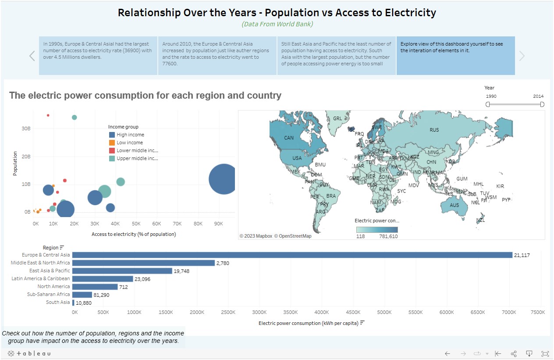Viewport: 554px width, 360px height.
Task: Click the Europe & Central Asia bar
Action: pyautogui.click(x=292, y=255)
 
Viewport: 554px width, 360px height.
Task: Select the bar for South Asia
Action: pyautogui.click(x=73, y=303)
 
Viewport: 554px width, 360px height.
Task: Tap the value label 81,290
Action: pyautogui.click(x=101, y=295)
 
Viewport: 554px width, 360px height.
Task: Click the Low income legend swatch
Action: pyautogui.click(x=112, y=143)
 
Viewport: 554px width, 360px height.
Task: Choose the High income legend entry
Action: pyautogui.click(x=130, y=135)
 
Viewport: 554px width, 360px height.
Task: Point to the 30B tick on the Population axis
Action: pyautogui.click(x=26, y=128)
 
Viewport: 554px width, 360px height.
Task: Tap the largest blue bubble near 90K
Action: pyautogui.click(x=224, y=178)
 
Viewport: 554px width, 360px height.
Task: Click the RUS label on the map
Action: pyautogui.click(x=434, y=130)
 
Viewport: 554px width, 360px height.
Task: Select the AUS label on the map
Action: pyautogui.click(x=455, y=205)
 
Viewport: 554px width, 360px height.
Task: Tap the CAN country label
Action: pyautogui.click(x=289, y=138)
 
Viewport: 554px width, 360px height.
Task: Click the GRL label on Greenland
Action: pyautogui.click(x=337, y=119)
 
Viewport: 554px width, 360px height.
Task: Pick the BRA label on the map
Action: pyautogui.click(x=331, y=196)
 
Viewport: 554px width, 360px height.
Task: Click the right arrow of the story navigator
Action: pyautogui.click(x=522, y=56)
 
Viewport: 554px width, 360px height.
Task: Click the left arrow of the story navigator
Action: pyautogui.click(x=32, y=56)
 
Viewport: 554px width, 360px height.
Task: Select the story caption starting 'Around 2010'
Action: pyautogui.click(x=217, y=56)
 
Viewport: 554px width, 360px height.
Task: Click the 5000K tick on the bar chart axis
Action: pyautogui.click(x=384, y=312)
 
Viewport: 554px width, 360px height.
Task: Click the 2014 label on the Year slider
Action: pyautogui.click(x=538, y=96)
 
